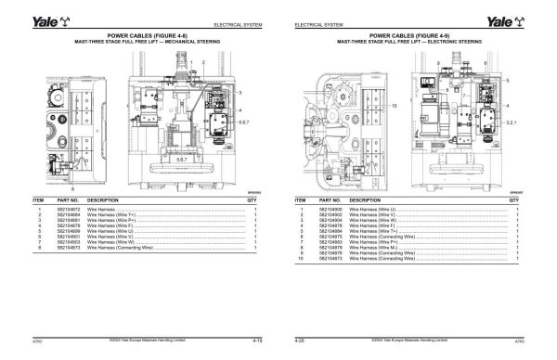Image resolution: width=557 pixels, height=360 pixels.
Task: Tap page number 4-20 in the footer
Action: click(x=300, y=341)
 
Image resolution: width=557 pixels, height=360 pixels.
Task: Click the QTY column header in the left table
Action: click(x=253, y=199)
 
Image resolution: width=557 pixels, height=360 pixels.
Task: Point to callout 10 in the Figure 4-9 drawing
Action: click(x=317, y=107)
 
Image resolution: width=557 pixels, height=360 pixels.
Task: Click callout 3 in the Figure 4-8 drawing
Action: click(x=241, y=94)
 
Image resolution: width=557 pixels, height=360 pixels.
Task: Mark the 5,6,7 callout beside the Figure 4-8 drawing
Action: click(x=245, y=121)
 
